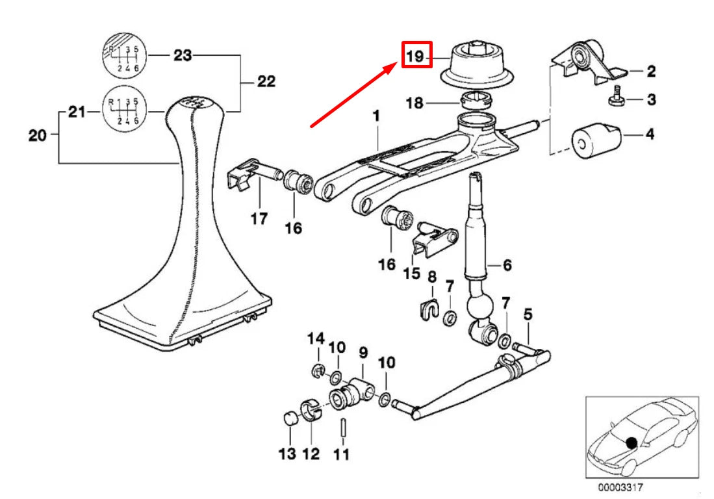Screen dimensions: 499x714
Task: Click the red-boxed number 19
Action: click(x=416, y=57)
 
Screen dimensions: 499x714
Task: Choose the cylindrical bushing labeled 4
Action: click(x=593, y=138)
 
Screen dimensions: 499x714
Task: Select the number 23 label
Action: click(x=183, y=56)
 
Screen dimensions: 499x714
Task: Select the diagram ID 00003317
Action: click(x=617, y=486)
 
